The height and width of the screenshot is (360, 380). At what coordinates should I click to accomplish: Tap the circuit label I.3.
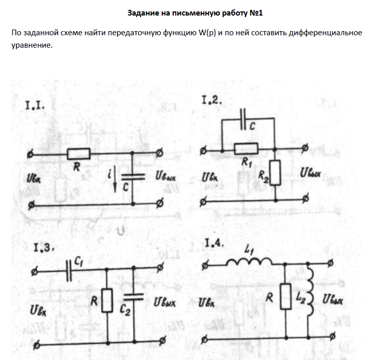pos(40,247)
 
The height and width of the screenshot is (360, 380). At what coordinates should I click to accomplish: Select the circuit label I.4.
pos(214,243)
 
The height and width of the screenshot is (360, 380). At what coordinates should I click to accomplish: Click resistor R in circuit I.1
pos(78,153)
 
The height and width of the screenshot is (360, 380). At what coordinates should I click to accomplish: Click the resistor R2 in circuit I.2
pos(274,173)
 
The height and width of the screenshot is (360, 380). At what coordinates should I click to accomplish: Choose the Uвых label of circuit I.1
pos(165,176)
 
